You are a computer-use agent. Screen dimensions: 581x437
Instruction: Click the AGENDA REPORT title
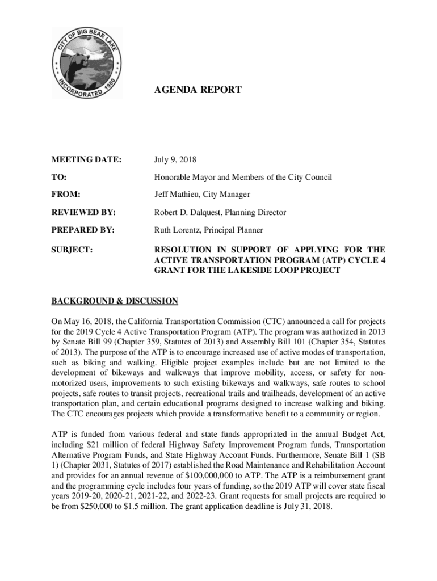pyautogui.click(x=198, y=90)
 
